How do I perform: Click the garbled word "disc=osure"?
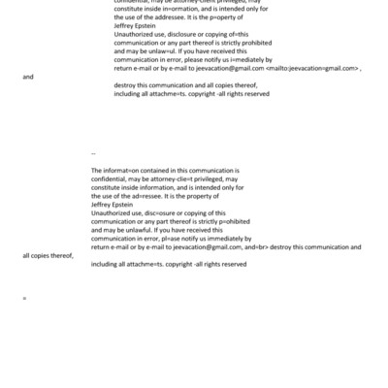coord(157,209)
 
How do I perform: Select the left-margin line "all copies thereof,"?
coord(48,255)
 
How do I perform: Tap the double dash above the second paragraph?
coord(93,153)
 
